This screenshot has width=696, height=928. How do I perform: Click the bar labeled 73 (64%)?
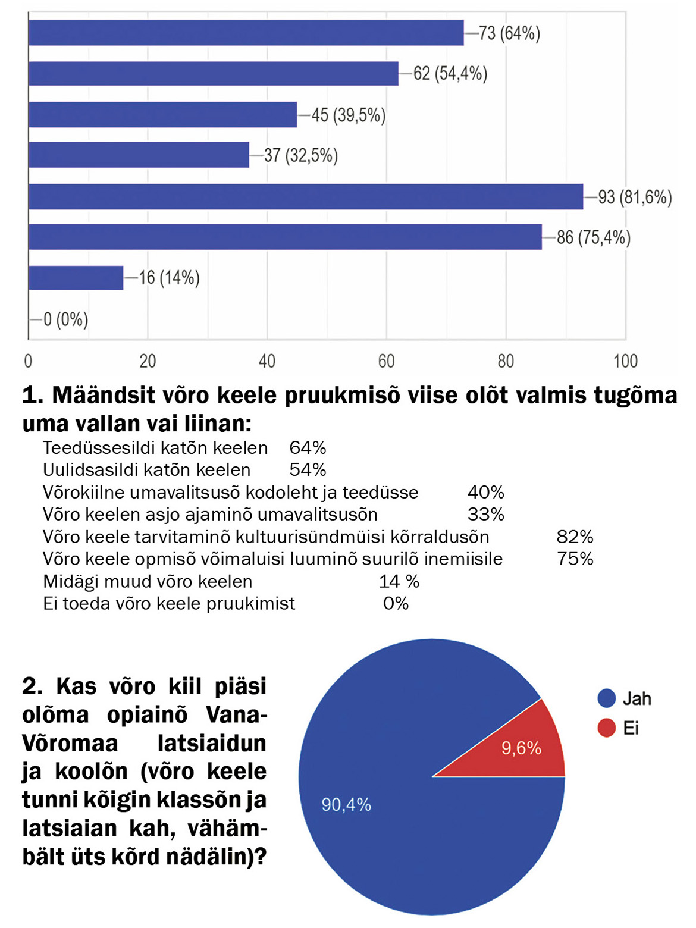pyautogui.click(x=246, y=33)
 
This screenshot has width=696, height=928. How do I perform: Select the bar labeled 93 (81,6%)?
pyautogui.click(x=306, y=197)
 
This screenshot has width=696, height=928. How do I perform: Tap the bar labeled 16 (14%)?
pyautogui.click(x=76, y=278)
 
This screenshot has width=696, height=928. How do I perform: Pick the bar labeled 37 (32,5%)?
pyautogui.click(x=139, y=155)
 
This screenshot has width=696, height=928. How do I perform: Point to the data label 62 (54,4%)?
pyautogui.click(x=450, y=74)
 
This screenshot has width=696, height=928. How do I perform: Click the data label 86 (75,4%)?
pyautogui.click(x=593, y=238)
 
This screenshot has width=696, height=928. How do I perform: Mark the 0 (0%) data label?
pyautogui.click(x=65, y=320)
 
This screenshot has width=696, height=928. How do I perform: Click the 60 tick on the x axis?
pyautogui.click(x=387, y=361)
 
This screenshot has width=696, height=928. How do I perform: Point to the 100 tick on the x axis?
pyautogui.click(x=625, y=361)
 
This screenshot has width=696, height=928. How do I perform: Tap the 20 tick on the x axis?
pyautogui.click(x=148, y=361)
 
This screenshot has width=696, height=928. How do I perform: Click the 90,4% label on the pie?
pyautogui.click(x=346, y=805)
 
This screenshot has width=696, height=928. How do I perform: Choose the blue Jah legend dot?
pyautogui.click(x=606, y=698)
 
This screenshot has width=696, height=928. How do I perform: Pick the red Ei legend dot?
pyautogui.click(x=606, y=728)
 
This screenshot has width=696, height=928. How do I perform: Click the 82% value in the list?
pyautogui.click(x=575, y=537)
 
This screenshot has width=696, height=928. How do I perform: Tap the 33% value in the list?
pyautogui.click(x=485, y=514)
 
